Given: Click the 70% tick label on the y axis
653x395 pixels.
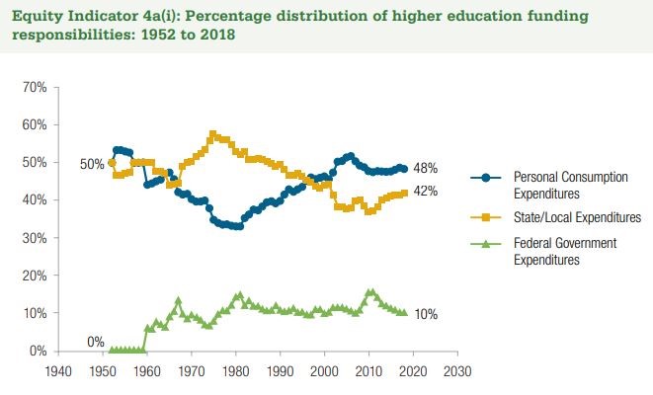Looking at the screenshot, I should click(36, 88).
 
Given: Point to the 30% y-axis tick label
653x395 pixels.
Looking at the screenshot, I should click(36, 238).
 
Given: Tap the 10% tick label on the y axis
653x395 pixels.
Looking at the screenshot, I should click(36, 313).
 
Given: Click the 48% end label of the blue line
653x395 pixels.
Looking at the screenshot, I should click(426, 169).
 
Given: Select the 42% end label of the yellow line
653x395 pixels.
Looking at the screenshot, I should click(426, 192).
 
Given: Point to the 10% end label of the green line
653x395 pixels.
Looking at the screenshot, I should click(426, 314).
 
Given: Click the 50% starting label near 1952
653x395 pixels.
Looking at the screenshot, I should click(92, 164).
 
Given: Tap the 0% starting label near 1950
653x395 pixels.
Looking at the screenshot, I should click(96, 342).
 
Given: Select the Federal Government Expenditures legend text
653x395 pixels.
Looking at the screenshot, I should click(564, 251).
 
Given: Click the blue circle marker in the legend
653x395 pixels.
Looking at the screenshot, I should click(486, 176).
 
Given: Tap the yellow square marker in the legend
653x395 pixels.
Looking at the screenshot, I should click(486, 216).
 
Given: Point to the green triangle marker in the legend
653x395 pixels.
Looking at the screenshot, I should click(486, 244).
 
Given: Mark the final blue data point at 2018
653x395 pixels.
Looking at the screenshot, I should click(404, 169).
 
